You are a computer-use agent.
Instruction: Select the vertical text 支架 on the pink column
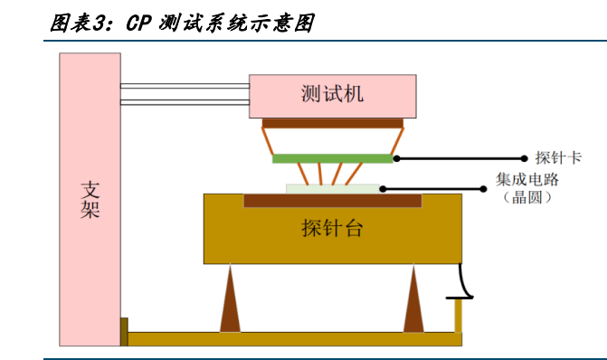tap(90, 201)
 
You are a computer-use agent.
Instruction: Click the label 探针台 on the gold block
tap(332, 228)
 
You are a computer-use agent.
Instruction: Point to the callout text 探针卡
tap(558, 158)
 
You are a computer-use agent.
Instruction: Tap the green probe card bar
tap(332, 158)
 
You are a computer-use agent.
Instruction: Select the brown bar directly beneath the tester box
tap(332, 123)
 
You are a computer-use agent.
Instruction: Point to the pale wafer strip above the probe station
tap(333, 188)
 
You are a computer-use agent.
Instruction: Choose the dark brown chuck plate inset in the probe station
tap(332, 200)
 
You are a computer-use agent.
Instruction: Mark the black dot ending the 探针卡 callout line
tap(524, 158)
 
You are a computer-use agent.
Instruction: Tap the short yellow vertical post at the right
tap(459, 316)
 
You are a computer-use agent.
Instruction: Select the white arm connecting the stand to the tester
tap(185, 93)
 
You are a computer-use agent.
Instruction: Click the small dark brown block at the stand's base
tap(124, 331)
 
